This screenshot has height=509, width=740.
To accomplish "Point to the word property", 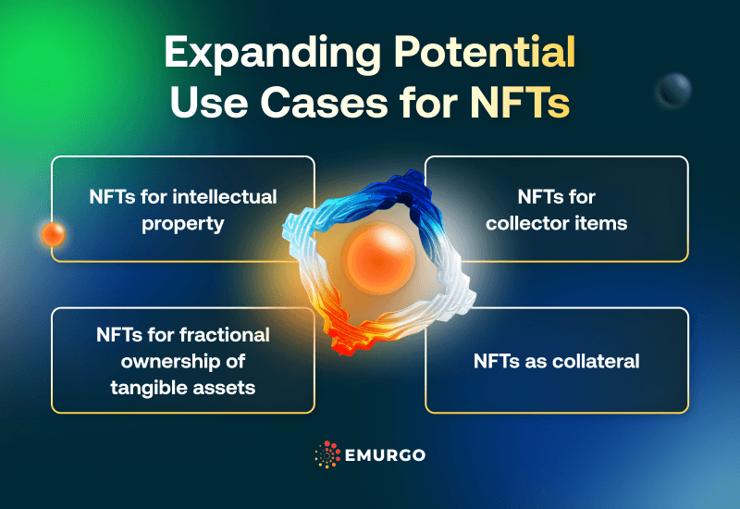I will pos(183,223).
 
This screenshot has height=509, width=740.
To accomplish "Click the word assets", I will pos(223,385).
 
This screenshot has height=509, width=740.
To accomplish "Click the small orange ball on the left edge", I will pos(53,234).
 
